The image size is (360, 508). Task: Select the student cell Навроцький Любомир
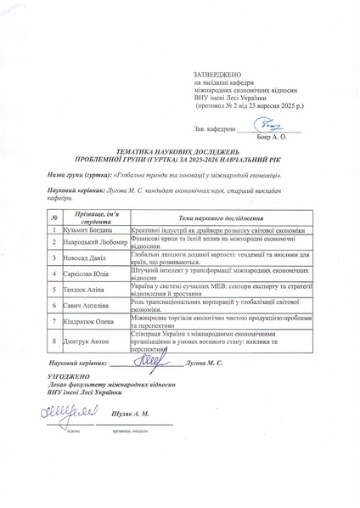point(95,242)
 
